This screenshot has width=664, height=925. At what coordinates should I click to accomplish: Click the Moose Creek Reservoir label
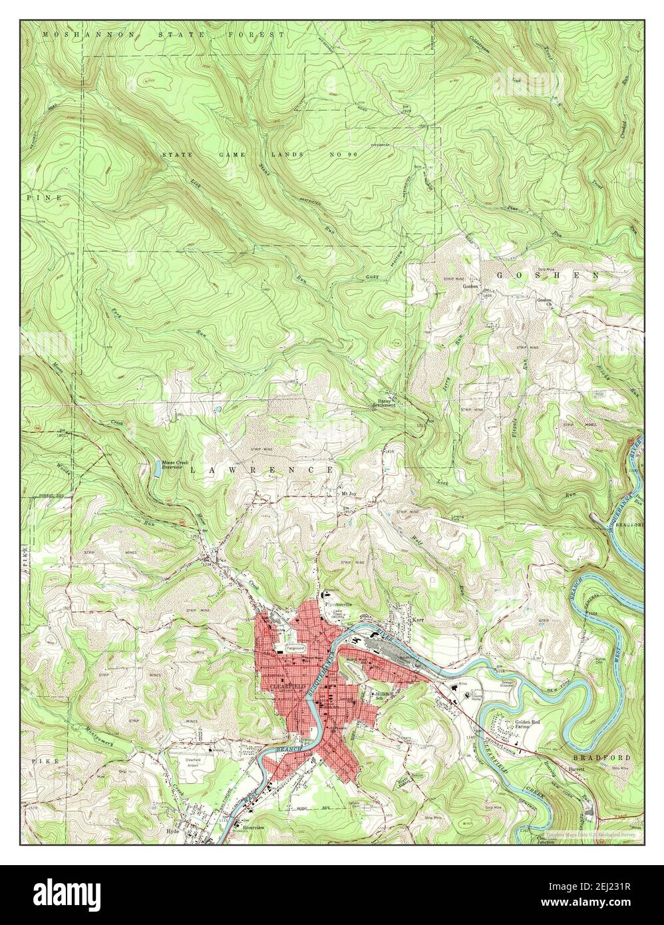pyautogui.click(x=174, y=464)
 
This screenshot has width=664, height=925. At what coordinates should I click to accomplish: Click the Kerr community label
pyautogui.click(x=418, y=619)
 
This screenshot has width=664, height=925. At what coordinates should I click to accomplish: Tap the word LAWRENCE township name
pyautogui.click(x=262, y=470)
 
